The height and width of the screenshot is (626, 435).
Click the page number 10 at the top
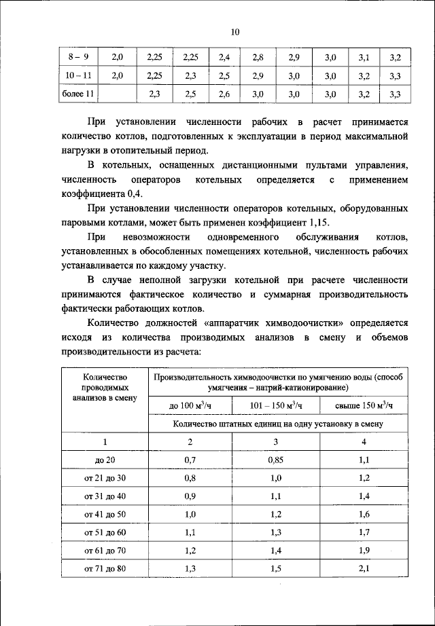235,31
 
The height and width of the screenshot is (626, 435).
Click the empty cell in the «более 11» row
118,94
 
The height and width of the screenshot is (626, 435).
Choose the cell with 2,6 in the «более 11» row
225,94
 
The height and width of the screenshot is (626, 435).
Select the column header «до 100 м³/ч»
190,405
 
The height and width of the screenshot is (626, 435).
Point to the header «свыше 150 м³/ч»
364,405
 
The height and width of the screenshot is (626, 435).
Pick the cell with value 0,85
275,460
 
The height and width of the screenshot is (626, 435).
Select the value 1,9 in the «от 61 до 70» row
364,550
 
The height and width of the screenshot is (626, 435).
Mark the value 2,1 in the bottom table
364,568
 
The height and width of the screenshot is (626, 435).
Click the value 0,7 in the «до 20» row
190,460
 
